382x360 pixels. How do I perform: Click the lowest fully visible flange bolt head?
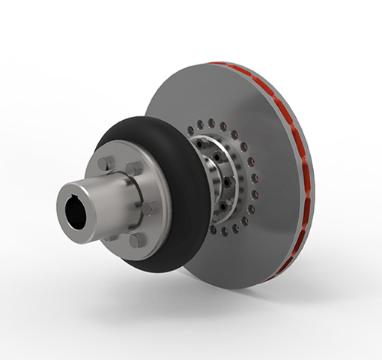pos(138,240)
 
